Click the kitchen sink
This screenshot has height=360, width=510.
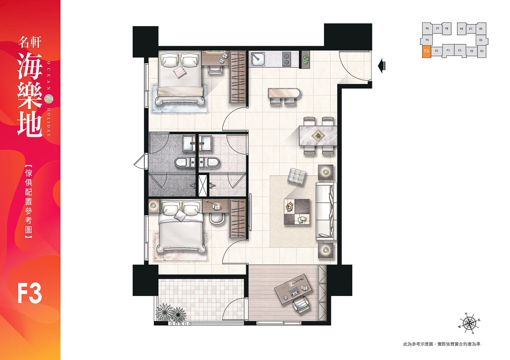point(258,59)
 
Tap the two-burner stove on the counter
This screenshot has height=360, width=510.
point(287,59)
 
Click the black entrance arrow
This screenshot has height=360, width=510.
point(382,66)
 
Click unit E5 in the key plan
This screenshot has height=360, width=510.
point(481,40)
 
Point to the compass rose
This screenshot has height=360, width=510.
point(469,323)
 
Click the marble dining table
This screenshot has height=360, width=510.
point(318,136)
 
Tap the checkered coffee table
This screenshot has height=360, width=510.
point(297,212)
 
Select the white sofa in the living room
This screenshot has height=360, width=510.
point(326,211)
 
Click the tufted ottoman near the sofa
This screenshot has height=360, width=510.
point(297,176)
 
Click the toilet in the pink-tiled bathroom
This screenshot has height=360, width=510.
point(209,162)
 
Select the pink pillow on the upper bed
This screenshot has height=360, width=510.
point(180,71)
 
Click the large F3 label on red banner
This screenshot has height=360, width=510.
point(29,294)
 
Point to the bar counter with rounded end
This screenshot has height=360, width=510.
point(284,93)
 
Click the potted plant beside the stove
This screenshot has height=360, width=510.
point(306,59)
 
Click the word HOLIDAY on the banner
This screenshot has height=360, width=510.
point(48,122)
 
